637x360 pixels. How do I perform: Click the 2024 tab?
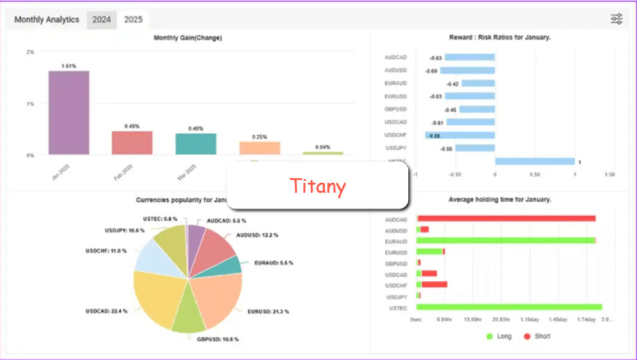(101, 19)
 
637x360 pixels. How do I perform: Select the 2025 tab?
(133, 19)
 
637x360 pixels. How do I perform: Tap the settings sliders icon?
(616, 19)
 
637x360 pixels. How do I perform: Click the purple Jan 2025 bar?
(69, 113)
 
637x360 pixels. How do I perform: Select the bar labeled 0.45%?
(132, 142)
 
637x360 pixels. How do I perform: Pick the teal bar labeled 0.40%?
(195, 144)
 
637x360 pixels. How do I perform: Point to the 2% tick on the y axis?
(30, 52)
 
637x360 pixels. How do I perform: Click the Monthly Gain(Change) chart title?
(188, 38)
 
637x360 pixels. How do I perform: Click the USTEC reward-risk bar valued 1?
(534, 162)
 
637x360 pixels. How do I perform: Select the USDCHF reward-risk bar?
(460, 135)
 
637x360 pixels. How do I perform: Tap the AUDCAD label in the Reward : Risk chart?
(396, 57)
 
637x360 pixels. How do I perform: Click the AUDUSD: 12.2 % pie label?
(257, 235)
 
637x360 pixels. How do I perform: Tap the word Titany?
(317, 186)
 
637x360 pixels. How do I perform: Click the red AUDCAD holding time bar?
(507, 218)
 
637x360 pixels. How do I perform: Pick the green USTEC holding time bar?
(509, 307)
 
